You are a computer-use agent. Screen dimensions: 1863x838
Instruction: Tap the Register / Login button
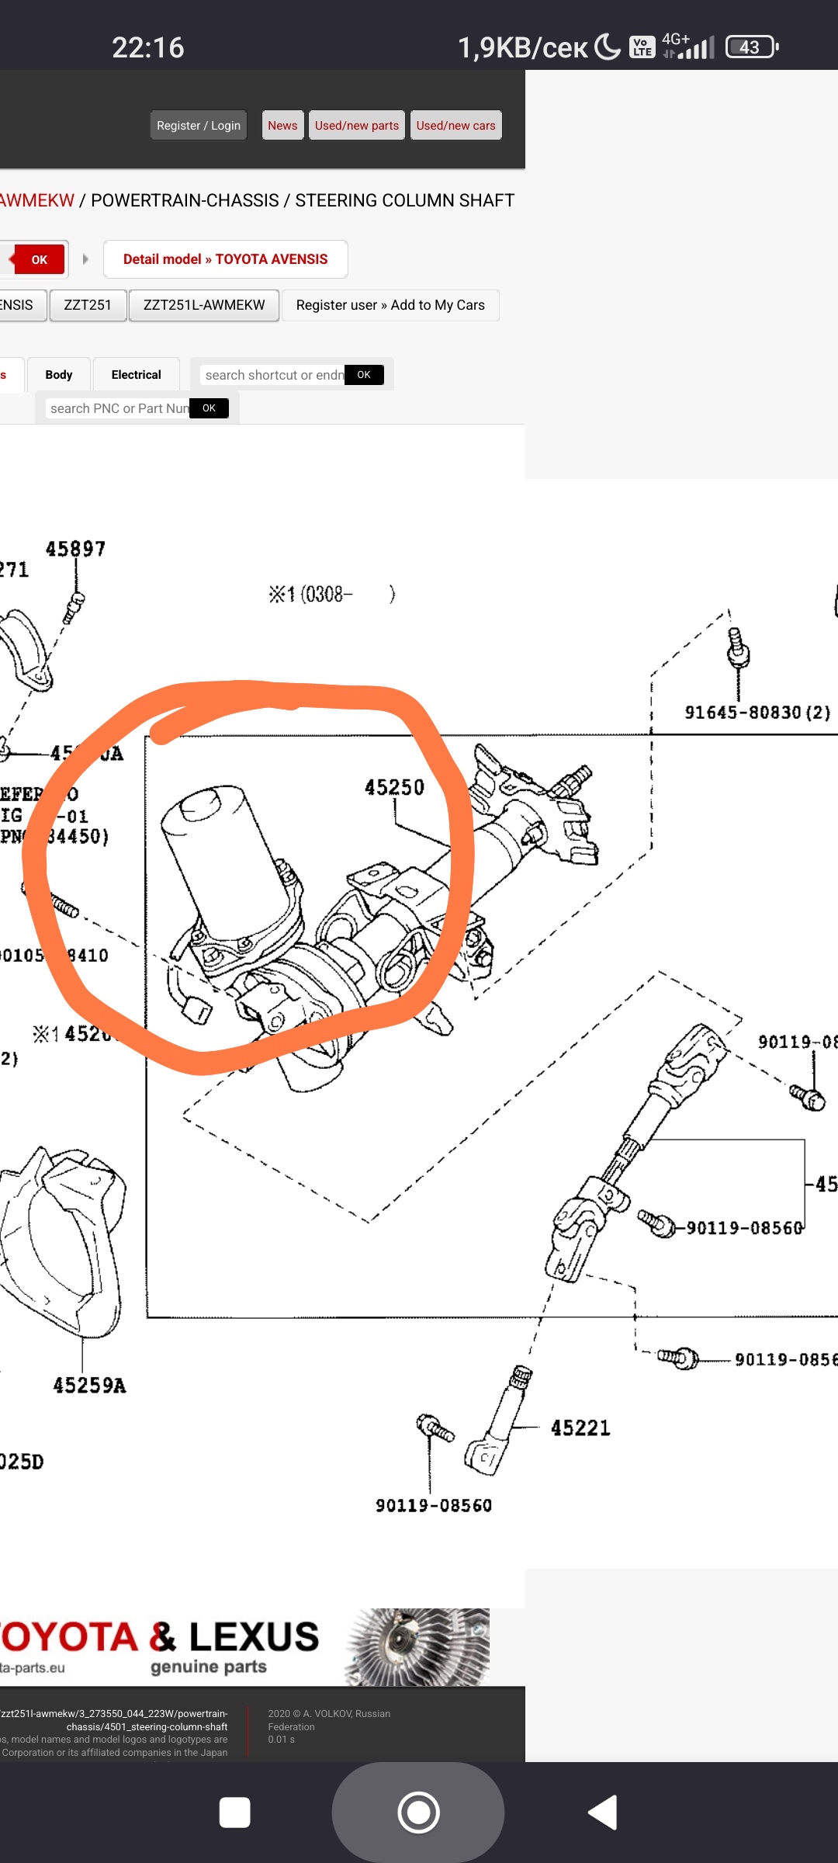click(198, 126)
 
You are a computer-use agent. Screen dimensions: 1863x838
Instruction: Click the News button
click(282, 126)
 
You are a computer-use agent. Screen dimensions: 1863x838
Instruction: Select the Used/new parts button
click(356, 126)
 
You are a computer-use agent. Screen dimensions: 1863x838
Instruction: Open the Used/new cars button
click(455, 126)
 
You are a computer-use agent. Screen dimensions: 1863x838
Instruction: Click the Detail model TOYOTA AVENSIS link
click(225, 259)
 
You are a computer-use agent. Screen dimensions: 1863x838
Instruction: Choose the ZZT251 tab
click(87, 305)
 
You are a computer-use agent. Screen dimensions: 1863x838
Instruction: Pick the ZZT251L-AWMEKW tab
click(204, 305)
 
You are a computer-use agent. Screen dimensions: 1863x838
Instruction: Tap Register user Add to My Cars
click(390, 305)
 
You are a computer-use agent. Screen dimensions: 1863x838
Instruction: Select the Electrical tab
click(136, 375)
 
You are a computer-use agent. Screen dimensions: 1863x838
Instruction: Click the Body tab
click(59, 375)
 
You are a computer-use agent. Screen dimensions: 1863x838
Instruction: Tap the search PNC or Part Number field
click(119, 408)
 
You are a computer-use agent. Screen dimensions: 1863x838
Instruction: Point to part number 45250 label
click(394, 788)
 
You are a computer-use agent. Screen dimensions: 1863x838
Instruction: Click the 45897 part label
click(75, 550)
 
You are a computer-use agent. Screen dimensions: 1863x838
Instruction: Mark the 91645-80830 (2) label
click(757, 713)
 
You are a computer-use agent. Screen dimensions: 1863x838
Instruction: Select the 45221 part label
click(580, 1428)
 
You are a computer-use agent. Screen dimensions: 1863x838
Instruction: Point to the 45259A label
click(89, 1386)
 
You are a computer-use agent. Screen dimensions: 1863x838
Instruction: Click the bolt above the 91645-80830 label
click(737, 648)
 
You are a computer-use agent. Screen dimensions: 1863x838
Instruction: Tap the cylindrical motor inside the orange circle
click(221, 854)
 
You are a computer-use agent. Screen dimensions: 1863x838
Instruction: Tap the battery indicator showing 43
click(750, 47)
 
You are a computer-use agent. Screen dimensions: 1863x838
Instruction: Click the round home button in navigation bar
click(418, 1813)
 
